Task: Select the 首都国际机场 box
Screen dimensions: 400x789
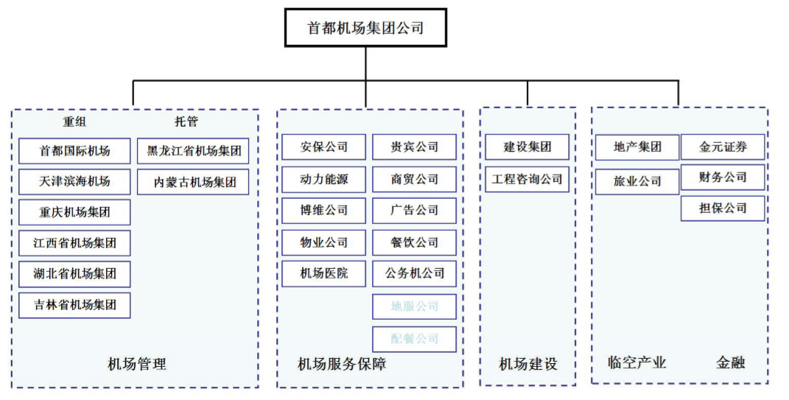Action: pyautogui.click(x=74, y=151)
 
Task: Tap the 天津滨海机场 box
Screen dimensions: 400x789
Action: pyautogui.click(x=74, y=181)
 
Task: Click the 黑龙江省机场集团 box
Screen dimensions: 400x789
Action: pyautogui.click(x=194, y=151)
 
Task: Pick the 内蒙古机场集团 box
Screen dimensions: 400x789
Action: pyautogui.click(x=194, y=182)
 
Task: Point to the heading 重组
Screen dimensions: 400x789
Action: pyautogui.click(x=74, y=122)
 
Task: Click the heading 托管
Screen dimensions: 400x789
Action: pyautogui.click(x=186, y=122)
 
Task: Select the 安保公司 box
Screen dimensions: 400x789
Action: pyautogui.click(x=323, y=147)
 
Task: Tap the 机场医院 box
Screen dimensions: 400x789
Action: pyautogui.click(x=323, y=273)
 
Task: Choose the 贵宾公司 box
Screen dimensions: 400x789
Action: pyautogui.click(x=414, y=147)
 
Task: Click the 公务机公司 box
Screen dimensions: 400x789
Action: pyautogui.click(x=414, y=273)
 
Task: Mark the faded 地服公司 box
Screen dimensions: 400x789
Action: pyautogui.click(x=414, y=306)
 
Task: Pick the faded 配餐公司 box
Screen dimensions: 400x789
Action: pyautogui.click(x=414, y=339)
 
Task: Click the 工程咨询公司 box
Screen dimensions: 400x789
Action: pyautogui.click(x=527, y=179)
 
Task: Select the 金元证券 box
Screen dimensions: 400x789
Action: pyautogui.click(x=723, y=147)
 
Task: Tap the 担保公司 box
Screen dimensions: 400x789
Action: pyautogui.click(x=723, y=208)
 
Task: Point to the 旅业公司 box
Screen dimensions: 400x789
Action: pyautogui.click(x=637, y=181)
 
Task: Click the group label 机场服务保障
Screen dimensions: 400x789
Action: pyautogui.click(x=342, y=364)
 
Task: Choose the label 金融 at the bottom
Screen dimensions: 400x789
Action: pyautogui.click(x=730, y=362)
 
